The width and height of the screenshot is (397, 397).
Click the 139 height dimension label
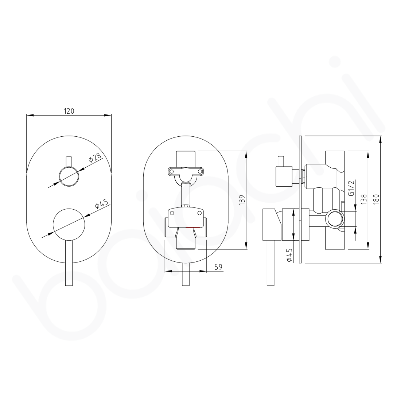(241, 200)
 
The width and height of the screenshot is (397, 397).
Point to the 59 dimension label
(218, 267)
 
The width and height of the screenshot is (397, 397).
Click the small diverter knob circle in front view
(69, 176)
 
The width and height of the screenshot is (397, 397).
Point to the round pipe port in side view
(335, 219)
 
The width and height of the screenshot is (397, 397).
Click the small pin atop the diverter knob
(69, 161)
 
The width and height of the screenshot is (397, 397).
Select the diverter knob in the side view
(284, 176)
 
